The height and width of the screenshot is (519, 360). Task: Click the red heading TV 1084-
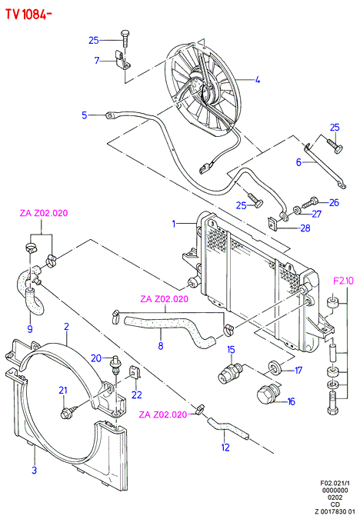pyautogui.click(x=28, y=14)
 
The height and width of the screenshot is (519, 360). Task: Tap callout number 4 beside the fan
pyautogui.click(x=258, y=80)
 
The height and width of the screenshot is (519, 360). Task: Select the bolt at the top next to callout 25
pyautogui.click(x=125, y=40)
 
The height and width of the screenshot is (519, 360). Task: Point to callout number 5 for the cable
pyautogui.click(x=85, y=115)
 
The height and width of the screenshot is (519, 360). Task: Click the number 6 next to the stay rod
pyautogui.click(x=298, y=162)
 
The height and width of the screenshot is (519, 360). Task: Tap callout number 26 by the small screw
pyautogui.click(x=334, y=202)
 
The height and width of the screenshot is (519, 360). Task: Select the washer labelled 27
pyautogui.click(x=298, y=210)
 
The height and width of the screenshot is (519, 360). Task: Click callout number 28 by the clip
pyautogui.click(x=305, y=228)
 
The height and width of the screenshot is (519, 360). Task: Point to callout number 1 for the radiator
pyautogui.click(x=174, y=224)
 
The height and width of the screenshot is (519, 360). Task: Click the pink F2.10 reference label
pyautogui.click(x=343, y=281)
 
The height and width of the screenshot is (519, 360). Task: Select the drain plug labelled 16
pyautogui.click(x=269, y=395)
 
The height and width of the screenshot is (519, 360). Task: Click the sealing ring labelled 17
pyautogui.click(x=275, y=367)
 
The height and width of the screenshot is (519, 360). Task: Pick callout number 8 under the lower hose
pyautogui.click(x=161, y=346)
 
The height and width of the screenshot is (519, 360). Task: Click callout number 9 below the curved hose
pyautogui.click(x=30, y=328)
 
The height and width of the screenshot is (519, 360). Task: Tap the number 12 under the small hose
pyautogui.click(x=225, y=447)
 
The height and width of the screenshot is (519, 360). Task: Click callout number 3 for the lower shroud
pyautogui.click(x=35, y=470)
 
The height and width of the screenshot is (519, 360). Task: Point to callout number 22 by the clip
pyautogui.click(x=137, y=394)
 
